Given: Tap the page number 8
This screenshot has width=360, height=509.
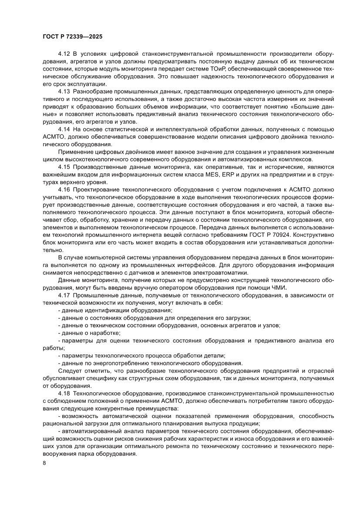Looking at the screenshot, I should pos(44,475).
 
